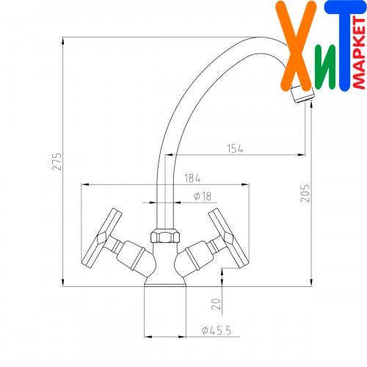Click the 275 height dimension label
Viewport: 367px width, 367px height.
point(57,161)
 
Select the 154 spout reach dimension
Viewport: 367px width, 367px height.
point(235,148)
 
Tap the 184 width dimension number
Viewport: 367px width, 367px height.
point(192,178)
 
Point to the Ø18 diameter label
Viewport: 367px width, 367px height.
point(203,196)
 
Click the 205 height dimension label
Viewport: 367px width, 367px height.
point(305,193)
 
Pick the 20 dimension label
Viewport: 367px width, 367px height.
point(216,304)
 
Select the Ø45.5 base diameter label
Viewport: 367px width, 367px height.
point(217,330)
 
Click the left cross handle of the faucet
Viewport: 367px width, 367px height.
point(101,239)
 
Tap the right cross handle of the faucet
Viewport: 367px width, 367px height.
point(229,238)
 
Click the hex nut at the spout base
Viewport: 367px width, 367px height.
point(165,236)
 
